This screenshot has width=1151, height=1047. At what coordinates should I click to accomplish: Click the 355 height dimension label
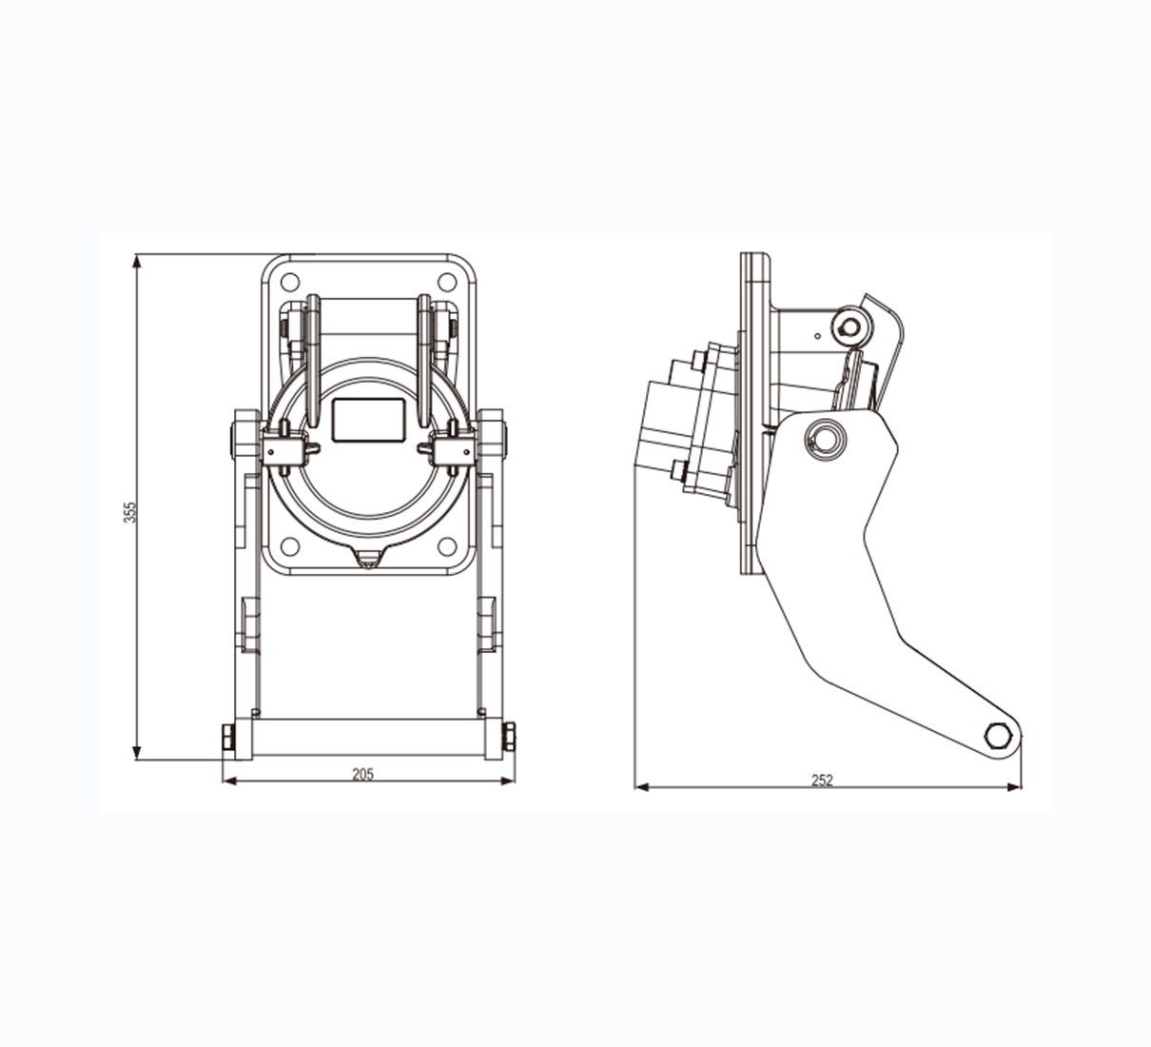(131, 512)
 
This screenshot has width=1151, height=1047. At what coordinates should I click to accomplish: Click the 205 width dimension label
(362, 774)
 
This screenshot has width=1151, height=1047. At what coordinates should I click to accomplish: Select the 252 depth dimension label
(822, 780)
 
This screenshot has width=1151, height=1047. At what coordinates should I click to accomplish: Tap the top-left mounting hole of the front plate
(290, 282)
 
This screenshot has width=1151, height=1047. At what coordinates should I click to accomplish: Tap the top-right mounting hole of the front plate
(447, 282)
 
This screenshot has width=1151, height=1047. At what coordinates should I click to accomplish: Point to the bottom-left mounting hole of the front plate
(290, 546)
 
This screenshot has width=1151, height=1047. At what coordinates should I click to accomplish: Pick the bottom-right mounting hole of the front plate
(447, 546)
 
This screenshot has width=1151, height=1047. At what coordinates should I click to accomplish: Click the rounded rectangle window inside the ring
(369, 421)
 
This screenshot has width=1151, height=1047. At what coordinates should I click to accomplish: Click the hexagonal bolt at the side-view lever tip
(999, 735)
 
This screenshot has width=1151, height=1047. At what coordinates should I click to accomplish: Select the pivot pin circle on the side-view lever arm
(825, 440)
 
